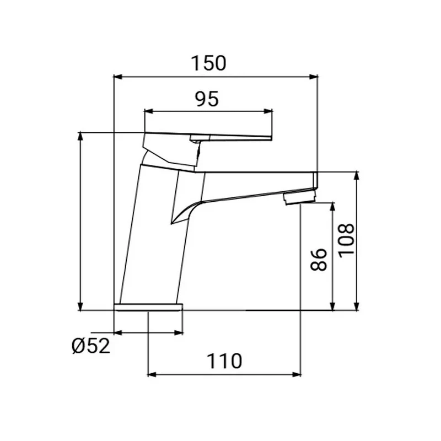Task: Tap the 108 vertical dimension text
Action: click(346, 240)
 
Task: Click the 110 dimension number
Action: click(224, 362)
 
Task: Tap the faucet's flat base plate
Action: click(148, 307)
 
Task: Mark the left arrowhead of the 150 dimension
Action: click(116, 77)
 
